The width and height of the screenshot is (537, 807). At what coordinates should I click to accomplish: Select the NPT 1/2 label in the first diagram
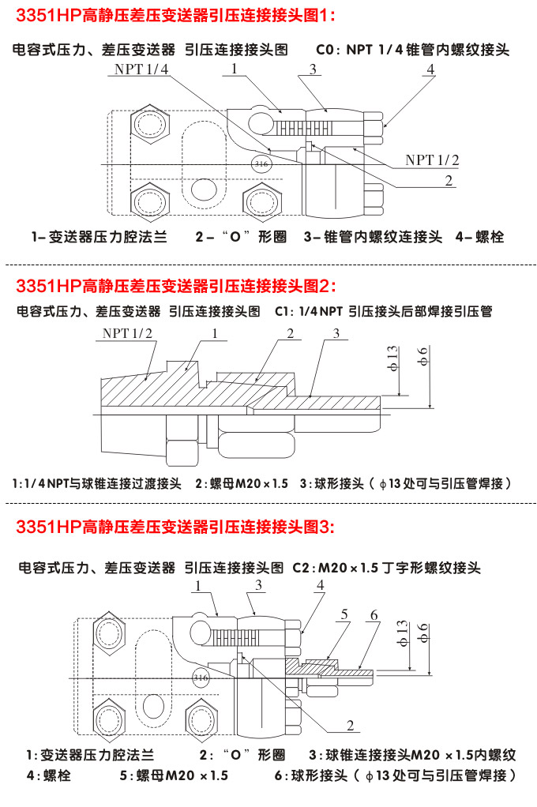pos(432,160)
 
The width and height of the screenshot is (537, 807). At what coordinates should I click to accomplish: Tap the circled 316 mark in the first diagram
pos(259,163)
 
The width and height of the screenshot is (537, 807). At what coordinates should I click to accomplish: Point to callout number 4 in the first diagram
pos(430,69)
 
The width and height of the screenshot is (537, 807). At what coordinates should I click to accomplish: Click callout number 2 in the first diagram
pos(448,181)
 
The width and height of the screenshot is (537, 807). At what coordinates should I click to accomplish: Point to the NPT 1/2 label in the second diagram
pos(128,333)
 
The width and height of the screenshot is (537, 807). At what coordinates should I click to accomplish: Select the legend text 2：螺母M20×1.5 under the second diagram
pos(242,483)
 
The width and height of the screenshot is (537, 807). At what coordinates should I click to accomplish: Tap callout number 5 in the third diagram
pos(344,614)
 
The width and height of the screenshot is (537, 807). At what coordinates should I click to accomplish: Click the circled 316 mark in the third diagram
pos(201,678)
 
